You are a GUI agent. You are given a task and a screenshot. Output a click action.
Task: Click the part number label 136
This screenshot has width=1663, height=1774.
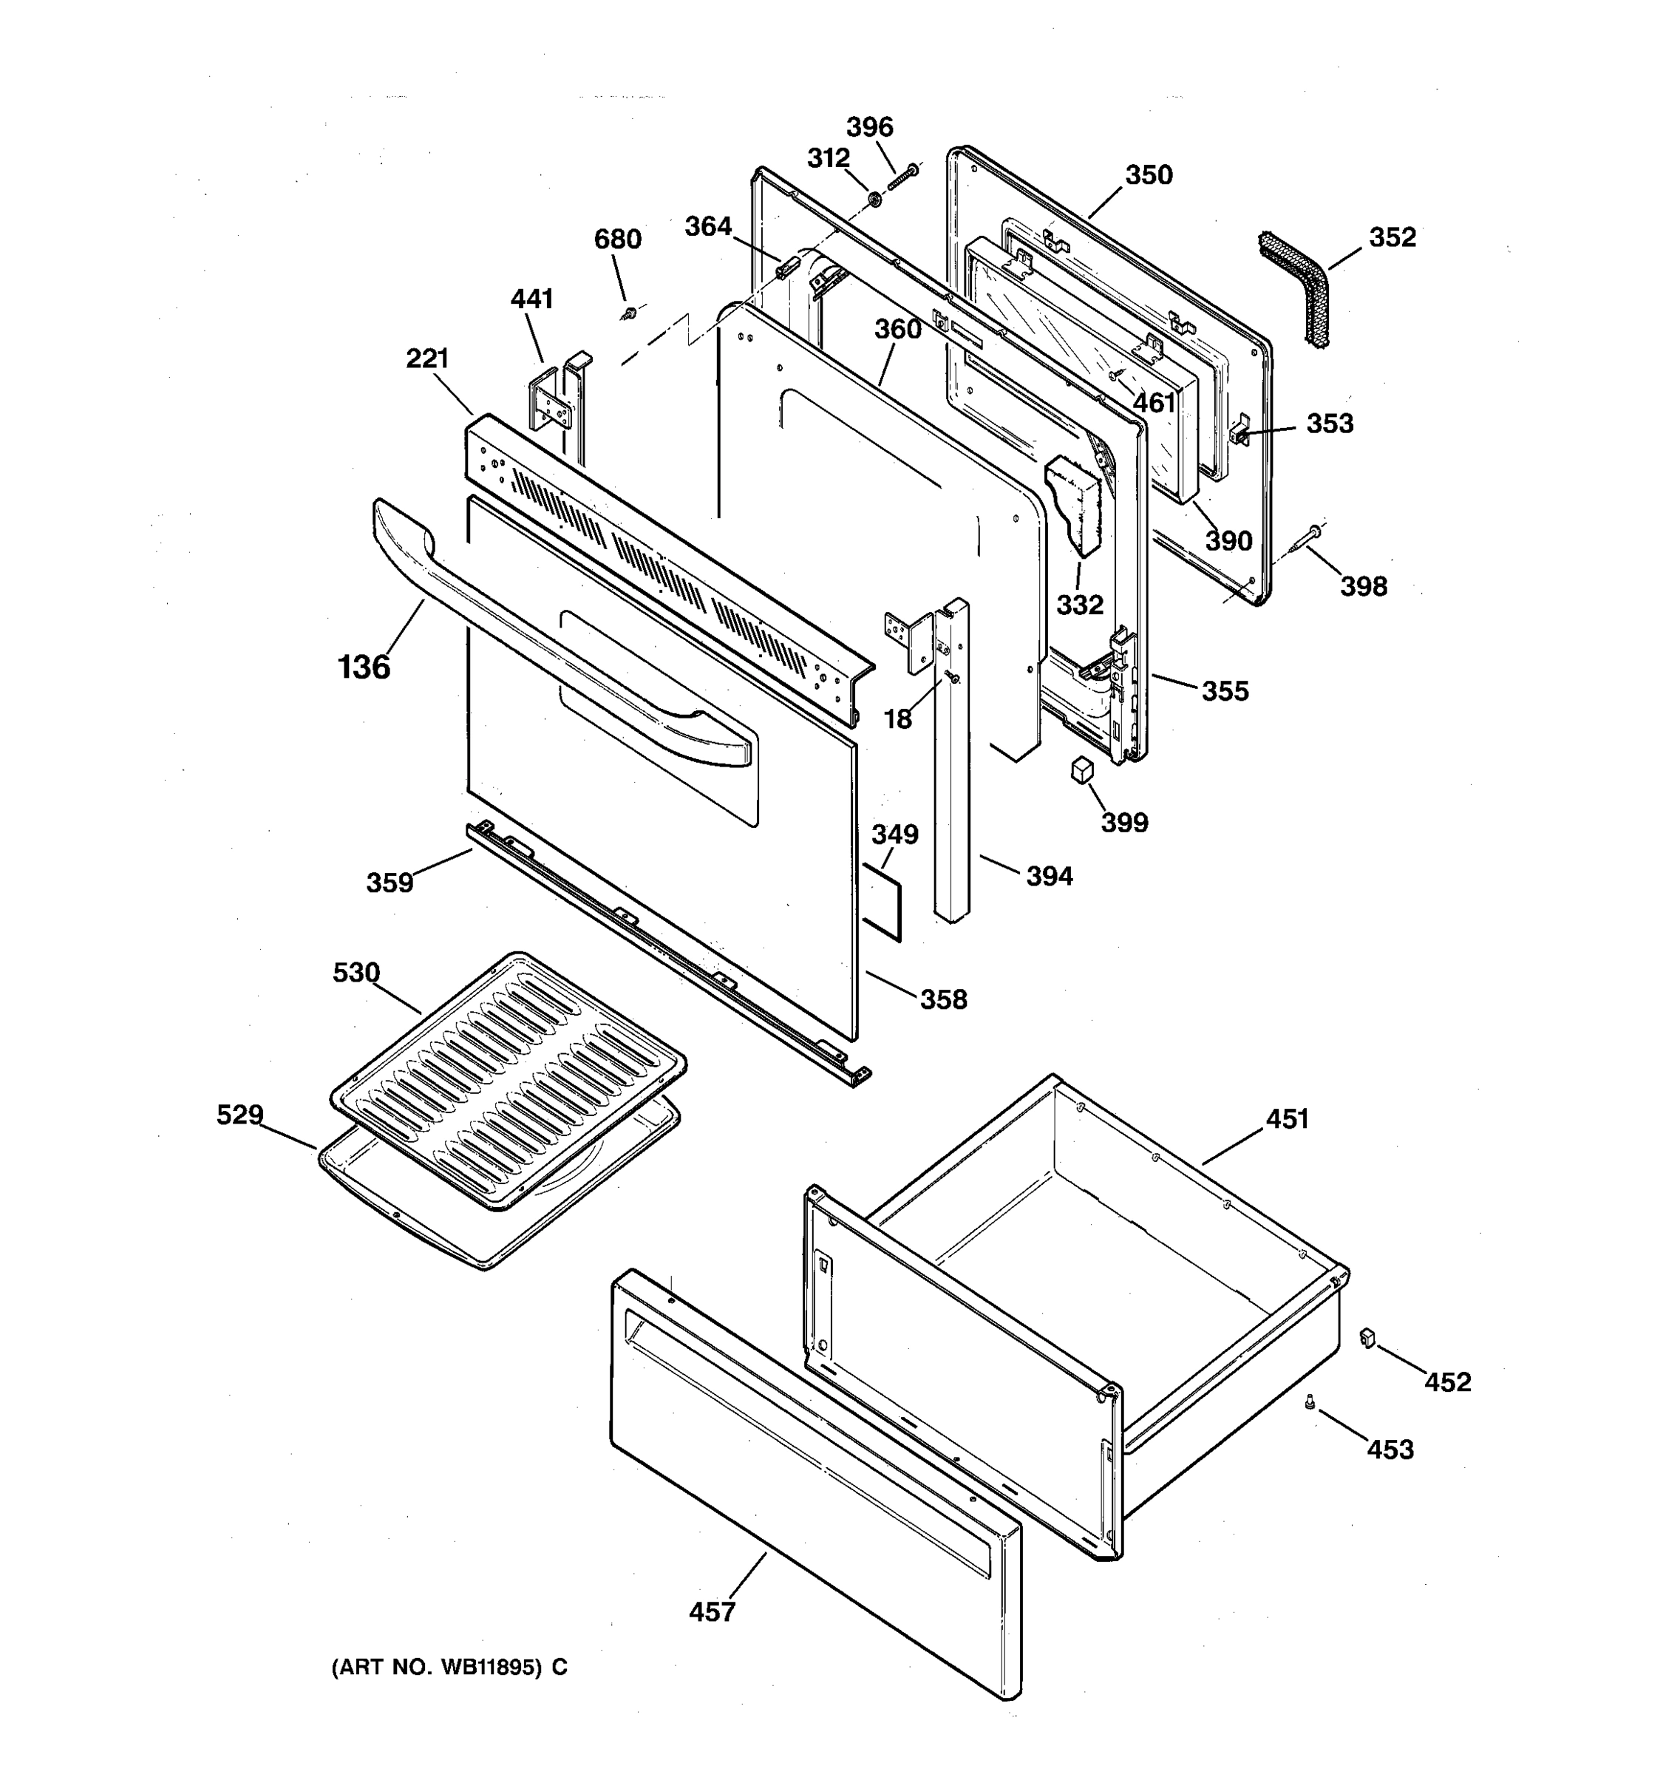click(364, 667)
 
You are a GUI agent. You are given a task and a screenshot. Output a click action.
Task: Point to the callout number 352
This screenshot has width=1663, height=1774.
click(1392, 237)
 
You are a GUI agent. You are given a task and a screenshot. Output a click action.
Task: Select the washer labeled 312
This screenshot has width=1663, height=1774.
click(874, 198)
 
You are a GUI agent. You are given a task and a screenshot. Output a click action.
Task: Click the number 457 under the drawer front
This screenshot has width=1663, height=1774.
click(712, 1612)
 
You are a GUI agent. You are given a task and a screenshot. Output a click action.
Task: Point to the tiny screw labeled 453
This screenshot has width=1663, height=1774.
click(1310, 1403)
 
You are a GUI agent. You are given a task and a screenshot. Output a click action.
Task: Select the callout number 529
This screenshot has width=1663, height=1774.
click(240, 1115)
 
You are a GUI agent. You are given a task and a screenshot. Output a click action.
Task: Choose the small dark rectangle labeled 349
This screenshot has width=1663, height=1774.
click(880, 900)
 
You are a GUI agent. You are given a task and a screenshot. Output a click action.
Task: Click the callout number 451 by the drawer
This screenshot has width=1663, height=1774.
click(1287, 1119)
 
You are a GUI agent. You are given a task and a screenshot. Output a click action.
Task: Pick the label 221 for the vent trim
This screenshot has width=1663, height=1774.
click(426, 358)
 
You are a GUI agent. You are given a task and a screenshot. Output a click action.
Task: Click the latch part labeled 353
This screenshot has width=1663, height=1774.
click(1239, 435)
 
